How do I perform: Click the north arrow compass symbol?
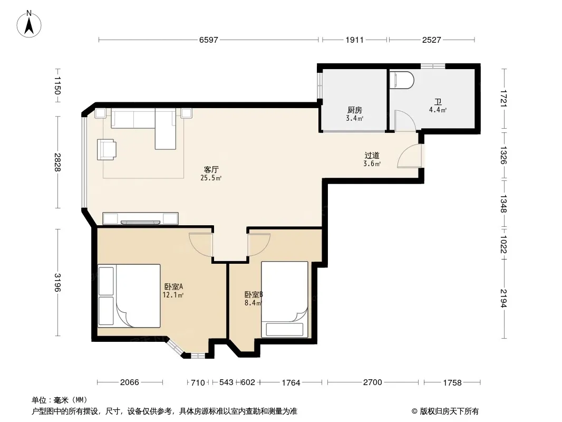(x=29, y=24)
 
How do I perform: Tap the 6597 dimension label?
(x=209, y=40)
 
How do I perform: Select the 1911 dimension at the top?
(x=354, y=40)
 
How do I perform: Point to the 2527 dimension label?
(x=432, y=40)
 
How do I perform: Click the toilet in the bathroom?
(x=402, y=80)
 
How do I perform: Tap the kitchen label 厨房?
(x=354, y=110)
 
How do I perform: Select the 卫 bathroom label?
(x=438, y=102)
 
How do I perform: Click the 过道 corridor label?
(x=372, y=156)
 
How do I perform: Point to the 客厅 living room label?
(x=211, y=169)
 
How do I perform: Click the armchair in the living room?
(x=106, y=149)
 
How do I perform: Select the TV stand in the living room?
(x=140, y=218)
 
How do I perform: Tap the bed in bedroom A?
(x=129, y=296)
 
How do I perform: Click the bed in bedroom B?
(x=285, y=300)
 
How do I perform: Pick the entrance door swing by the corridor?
(x=410, y=156)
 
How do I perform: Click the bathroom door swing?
(x=405, y=121)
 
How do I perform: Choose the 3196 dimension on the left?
(x=57, y=283)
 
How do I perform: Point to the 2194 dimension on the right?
(x=503, y=299)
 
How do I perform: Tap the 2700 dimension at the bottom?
(x=373, y=382)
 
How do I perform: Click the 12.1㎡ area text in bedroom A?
(x=173, y=295)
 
